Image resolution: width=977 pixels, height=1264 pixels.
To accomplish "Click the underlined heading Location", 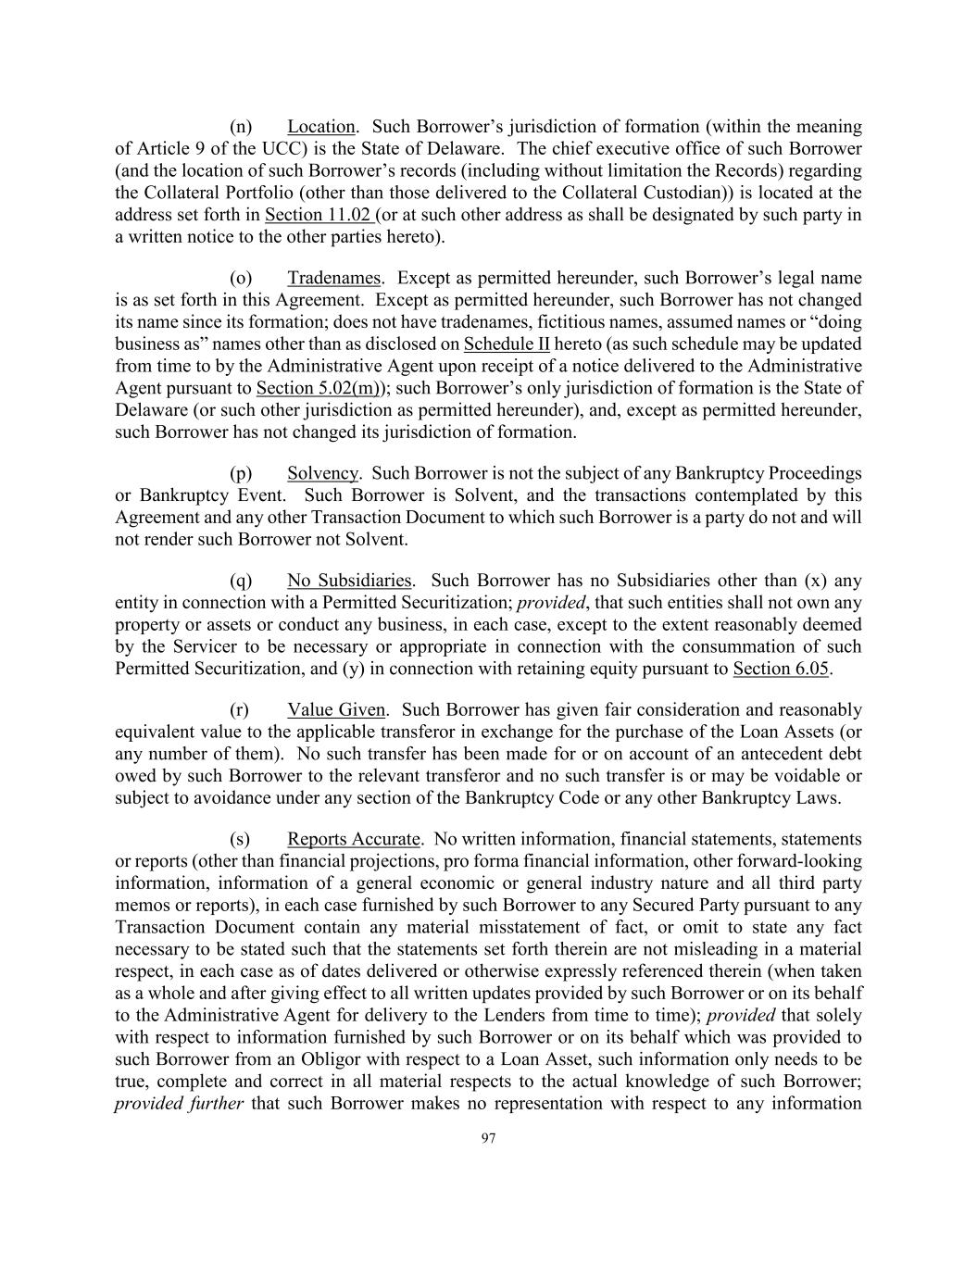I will coord(320,127).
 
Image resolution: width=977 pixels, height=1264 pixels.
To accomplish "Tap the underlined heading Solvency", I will coord(322,473).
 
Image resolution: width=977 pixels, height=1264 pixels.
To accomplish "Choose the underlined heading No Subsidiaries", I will coord(349,582).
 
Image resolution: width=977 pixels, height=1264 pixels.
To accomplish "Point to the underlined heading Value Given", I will coord(336,710).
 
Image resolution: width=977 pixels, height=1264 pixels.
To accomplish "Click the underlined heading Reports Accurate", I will coord(354,840).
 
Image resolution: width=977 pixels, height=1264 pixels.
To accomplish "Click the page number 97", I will coord(489,1139).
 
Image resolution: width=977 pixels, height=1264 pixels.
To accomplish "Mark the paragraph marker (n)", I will coord(241,127).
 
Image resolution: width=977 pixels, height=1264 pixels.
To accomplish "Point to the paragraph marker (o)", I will coord(241,279).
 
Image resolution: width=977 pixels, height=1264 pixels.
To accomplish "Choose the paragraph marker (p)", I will coord(241,473).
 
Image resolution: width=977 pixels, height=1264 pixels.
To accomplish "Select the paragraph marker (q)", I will coord(241,582).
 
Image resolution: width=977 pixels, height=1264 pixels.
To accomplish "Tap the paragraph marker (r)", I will coord(240,710).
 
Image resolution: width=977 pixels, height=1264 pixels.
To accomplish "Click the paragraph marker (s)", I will coord(240,840).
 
